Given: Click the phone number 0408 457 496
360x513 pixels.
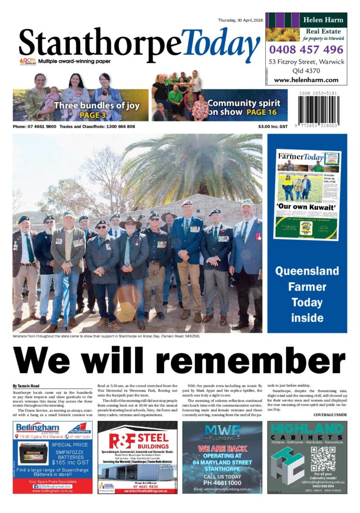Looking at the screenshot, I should click(306, 50).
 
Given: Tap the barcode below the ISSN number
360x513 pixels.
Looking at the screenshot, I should click(321, 109).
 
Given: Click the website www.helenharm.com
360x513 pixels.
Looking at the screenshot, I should click(306, 80).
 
